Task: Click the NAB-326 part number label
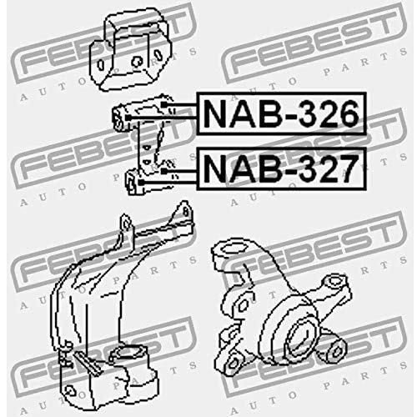click(x=281, y=113)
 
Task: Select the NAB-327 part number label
click(x=281, y=169)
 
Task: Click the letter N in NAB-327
click(x=215, y=169)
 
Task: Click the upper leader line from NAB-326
click(x=179, y=105)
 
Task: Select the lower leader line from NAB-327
click(x=168, y=183)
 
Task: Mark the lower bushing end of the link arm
click(x=133, y=182)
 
